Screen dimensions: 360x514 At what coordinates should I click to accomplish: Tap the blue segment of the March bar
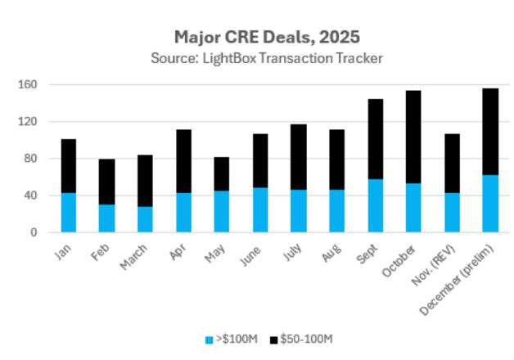coord(146,219)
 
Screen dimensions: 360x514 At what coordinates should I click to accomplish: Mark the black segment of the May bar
coord(222,173)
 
